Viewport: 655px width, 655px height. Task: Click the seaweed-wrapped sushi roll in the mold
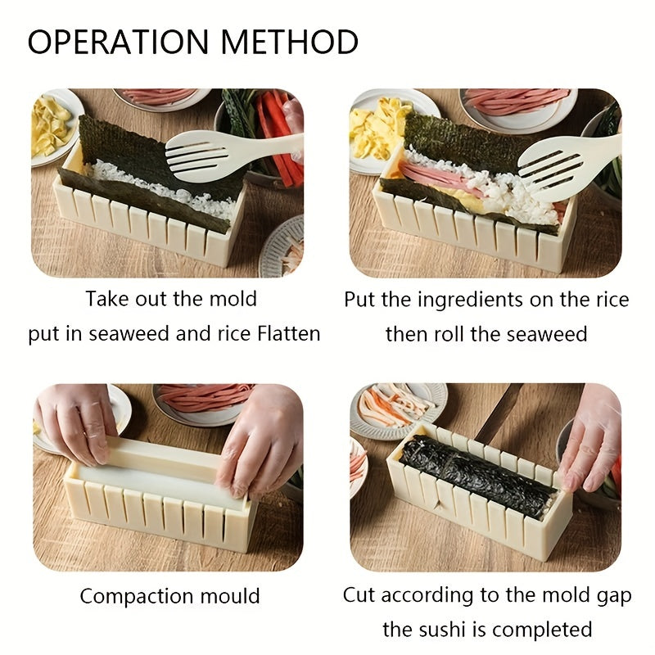pyautogui.click(x=475, y=475)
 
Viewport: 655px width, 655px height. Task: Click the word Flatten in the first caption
pyautogui.click(x=281, y=334)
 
